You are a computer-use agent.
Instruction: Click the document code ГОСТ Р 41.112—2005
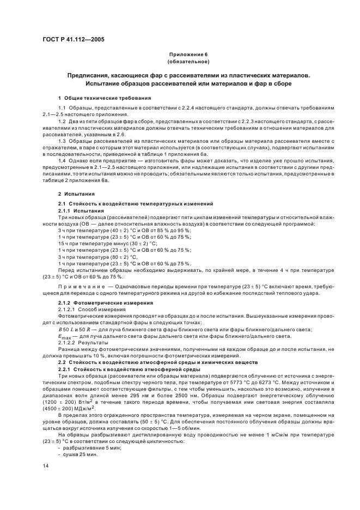click(74, 40)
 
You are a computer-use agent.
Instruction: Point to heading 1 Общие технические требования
click(97, 98)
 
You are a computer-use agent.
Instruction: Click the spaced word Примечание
click(80, 286)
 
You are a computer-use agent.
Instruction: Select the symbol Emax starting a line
click(68, 337)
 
